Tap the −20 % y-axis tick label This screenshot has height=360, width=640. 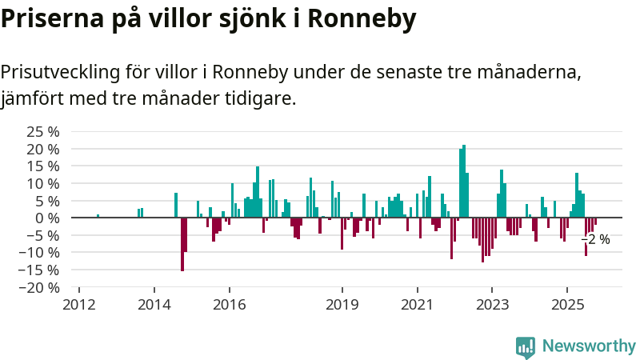(39, 287)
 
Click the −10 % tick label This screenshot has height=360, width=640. (39, 252)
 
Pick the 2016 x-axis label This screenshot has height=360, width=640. (229, 305)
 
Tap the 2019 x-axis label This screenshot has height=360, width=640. (342, 305)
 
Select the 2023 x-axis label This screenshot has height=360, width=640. (492, 305)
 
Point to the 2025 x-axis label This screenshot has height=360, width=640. (567, 305)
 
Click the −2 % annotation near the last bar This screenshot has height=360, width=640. (595, 239)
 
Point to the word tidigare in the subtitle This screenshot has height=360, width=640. (258, 99)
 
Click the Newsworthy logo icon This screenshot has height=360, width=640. (525, 346)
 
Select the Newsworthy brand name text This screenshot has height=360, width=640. (589, 346)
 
